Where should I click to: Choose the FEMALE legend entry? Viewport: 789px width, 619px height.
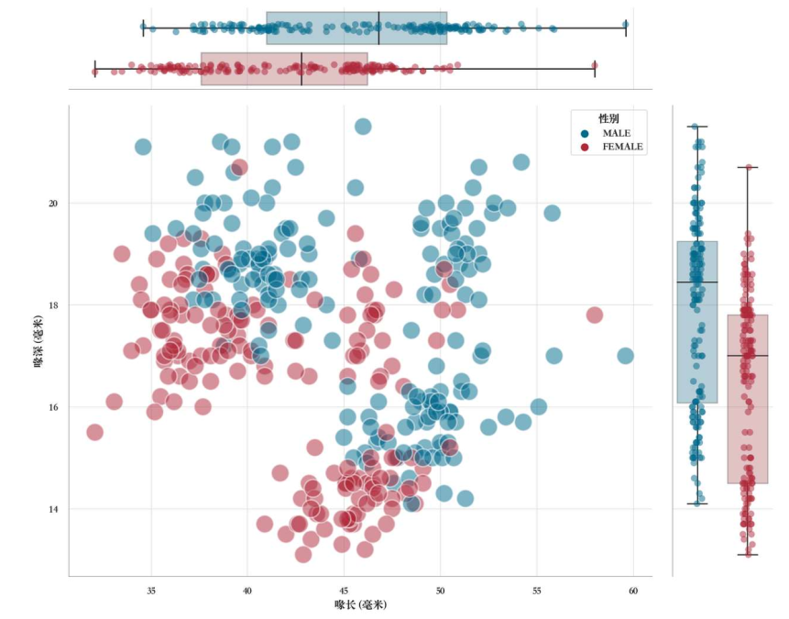(x=622, y=147)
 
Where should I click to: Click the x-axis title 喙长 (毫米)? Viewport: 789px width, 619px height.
(x=360, y=605)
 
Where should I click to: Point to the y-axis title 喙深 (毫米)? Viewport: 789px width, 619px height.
(x=38, y=341)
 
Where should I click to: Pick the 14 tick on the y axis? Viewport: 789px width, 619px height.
(x=53, y=509)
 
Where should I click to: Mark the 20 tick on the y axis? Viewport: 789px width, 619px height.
(x=53, y=203)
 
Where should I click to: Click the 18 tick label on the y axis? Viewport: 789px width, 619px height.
(x=53, y=304)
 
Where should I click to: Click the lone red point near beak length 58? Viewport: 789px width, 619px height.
(x=594, y=315)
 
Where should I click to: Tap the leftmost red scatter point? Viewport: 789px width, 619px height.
(x=94, y=432)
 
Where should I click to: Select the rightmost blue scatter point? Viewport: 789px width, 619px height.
(x=625, y=356)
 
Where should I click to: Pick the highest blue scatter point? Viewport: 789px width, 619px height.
(x=363, y=127)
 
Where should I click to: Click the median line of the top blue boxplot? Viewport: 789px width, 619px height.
(x=378, y=28)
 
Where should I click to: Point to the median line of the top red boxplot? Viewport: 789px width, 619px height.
(x=301, y=69)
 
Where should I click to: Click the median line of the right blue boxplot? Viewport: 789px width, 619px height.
(x=696, y=282)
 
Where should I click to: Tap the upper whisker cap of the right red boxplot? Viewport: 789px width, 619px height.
(x=748, y=167)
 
